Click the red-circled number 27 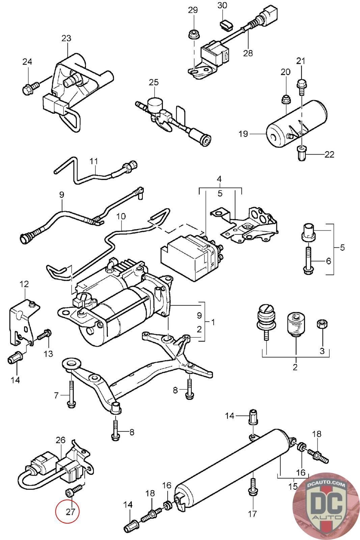click(x=70, y=512)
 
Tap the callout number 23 click(x=66, y=38)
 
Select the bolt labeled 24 click(x=28, y=89)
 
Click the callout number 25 click(x=154, y=82)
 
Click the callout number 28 click(x=248, y=53)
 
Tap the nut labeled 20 click(x=286, y=99)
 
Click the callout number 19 click(x=243, y=134)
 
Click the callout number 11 click(x=94, y=161)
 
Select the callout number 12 click(x=24, y=284)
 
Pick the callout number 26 click(x=60, y=440)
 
